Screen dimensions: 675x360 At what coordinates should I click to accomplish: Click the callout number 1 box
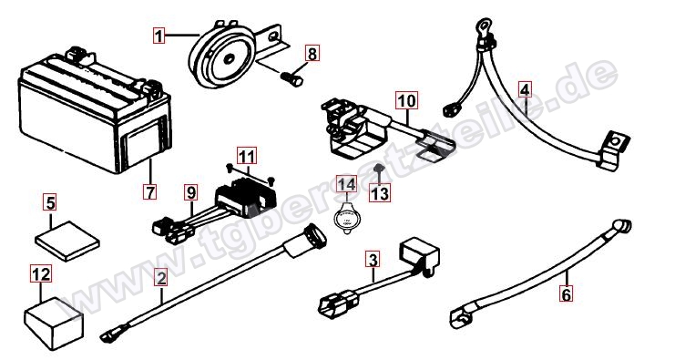pyautogui.click(x=159, y=36)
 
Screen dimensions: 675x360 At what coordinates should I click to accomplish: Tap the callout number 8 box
pyautogui.click(x=312, y=54)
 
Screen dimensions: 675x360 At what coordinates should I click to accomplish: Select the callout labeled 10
pyautogui.click(x=406, y=101)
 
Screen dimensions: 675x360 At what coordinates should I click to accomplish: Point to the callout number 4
pyautogui.click(x=525, y=90)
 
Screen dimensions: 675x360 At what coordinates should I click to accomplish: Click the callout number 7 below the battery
pyautogui.click(x=150, y=191)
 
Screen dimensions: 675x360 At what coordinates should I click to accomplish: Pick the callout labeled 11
pyautogui.click(x=247, y=157)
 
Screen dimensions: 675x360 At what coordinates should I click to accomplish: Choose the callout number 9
pyautogui.click(x=191, y=192)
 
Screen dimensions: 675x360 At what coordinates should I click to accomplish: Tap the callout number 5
pyautogui.click(x=50, y=202)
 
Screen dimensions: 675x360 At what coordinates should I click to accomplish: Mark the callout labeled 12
pyautogui.click(x=41, y=274)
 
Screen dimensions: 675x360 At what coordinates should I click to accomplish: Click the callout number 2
pyautogui.click(x=161, y=278)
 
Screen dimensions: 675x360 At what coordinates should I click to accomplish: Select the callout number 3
pyautogui.click(x=373, y=260)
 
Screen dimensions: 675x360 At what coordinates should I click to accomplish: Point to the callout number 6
pyautogui.click(x=566, y=294)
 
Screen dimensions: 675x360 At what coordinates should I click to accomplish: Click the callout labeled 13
pyautogui.click(x=380, y=193)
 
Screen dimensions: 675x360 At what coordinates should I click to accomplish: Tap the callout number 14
pyautogui.click(x=346, y=185)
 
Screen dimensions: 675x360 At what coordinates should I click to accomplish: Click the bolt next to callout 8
pyautogui.click(x=291, y=79)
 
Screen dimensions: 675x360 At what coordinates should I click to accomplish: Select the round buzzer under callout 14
pyautogui.click(x=346, y=219)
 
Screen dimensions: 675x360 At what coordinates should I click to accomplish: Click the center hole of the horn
pyautogui.click(x=228, y=59)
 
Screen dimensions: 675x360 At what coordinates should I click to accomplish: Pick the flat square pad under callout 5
pyautogui.click(x=67, y=241)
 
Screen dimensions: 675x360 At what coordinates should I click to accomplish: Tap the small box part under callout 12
pyautogui.click(x=54, y=323)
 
